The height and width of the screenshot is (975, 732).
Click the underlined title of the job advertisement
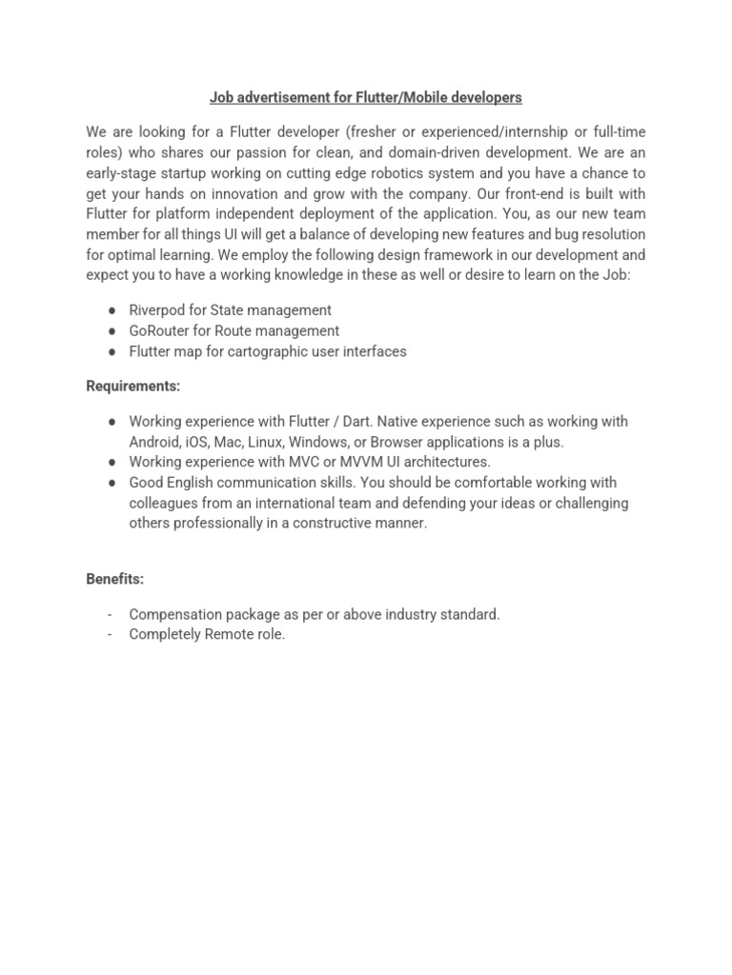365,97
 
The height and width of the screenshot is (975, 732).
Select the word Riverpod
156,309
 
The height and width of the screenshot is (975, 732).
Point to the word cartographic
264,351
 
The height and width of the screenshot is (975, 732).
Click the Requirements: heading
132,386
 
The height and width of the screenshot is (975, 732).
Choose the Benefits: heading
114,579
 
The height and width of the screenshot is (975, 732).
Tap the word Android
152,442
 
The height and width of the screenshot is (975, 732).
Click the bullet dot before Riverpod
112,310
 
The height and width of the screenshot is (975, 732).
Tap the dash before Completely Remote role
112,634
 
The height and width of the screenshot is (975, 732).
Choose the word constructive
334,523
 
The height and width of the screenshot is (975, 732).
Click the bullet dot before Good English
112,483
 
